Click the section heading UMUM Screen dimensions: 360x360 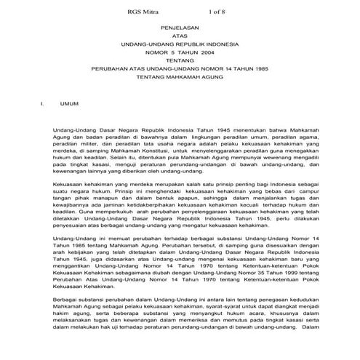[x=69, y=104]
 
